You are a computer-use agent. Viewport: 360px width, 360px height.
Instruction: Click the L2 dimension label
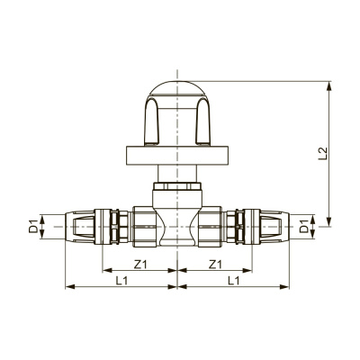323,153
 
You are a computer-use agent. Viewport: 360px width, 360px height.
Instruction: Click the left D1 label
33,227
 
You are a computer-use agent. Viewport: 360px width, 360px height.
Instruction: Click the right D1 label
304,227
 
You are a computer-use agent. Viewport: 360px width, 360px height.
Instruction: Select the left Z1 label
140,265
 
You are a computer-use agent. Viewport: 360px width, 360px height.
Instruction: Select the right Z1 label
215,265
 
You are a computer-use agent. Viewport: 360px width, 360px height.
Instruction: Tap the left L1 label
121,281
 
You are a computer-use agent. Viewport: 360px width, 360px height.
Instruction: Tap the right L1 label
233,281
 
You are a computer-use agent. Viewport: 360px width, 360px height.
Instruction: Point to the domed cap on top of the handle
177,89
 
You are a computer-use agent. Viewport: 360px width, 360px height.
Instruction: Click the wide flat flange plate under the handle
177,156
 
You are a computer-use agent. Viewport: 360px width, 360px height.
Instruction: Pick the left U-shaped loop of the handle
153,121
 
